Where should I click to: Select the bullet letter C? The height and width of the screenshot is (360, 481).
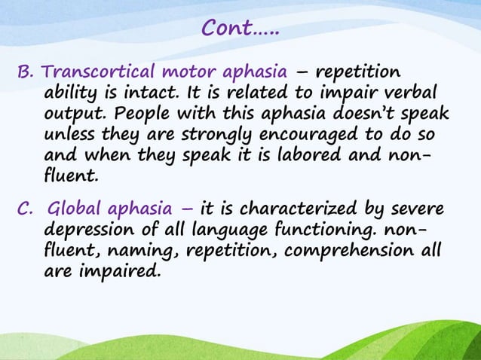pos(25,209)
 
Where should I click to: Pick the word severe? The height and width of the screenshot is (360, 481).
pos(415,209)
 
